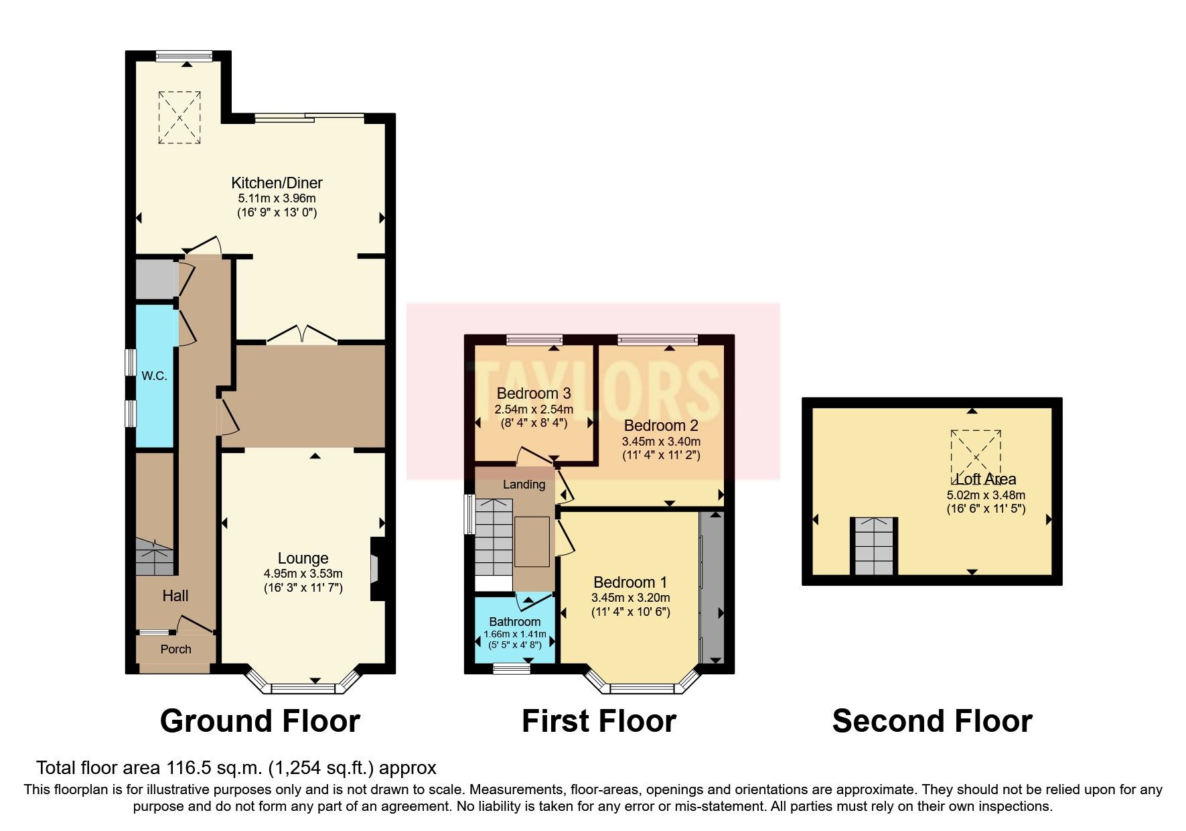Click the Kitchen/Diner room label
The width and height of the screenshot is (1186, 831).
point(277,183)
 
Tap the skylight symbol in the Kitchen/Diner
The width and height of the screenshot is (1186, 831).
point(179,118)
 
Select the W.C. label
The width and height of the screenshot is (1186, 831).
point(154,376)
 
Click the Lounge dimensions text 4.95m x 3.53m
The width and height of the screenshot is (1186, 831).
point(303,574)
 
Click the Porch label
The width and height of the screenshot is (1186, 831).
point(175,649)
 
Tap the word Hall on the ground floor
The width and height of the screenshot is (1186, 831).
point(175,596)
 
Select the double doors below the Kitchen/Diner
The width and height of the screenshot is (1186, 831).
point(302,334)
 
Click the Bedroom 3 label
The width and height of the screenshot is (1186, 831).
point(534,393)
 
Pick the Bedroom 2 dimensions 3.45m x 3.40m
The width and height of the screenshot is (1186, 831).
point(661,442)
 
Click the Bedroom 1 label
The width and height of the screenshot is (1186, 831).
point(629,582)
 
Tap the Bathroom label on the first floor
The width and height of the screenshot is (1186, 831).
point(514,622)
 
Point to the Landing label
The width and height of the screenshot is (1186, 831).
point(524,485)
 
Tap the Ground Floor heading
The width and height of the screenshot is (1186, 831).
point(260,721)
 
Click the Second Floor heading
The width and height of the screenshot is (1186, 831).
point(932,721)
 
